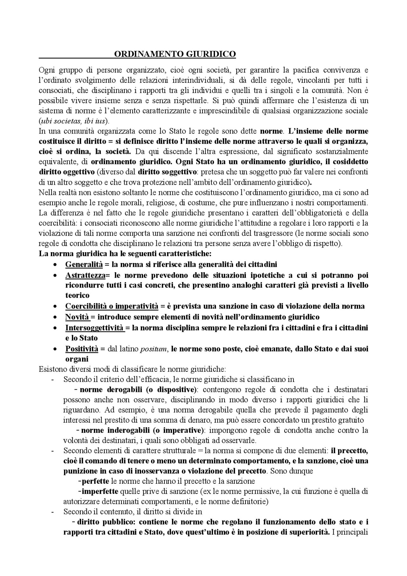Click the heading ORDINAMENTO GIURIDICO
175,54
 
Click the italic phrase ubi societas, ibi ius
73,121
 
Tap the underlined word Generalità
84,264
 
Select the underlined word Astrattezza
85,275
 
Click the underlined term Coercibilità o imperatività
112,306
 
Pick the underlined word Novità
77,317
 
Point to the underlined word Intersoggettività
94,328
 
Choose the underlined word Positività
82,349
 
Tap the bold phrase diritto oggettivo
66,172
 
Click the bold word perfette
95,481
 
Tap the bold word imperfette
100,491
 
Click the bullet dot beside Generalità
56,265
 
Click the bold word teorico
77,295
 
